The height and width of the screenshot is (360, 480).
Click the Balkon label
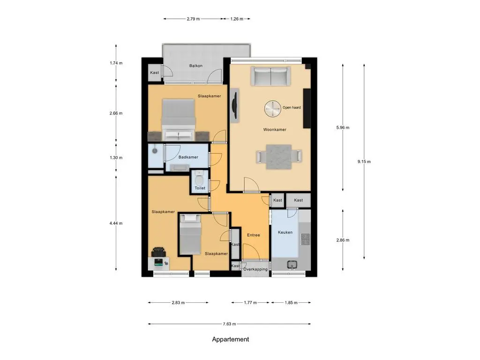pos(195,66)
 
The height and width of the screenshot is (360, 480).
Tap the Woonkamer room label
pos(275,129)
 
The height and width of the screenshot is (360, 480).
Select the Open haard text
pos(292,107)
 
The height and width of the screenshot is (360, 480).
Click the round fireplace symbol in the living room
pos(272,109)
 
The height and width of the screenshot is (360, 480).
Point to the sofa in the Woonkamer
pos(270,76)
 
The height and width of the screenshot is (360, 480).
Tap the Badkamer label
pos(188,157)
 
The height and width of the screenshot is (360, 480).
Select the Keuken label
pos(285,232)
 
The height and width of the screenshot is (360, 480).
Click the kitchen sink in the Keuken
pos(292,264)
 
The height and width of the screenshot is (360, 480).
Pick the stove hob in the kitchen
pos(305,240)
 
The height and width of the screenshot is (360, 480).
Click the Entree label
pos(254,235)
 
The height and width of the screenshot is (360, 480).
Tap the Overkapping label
pos(255,270)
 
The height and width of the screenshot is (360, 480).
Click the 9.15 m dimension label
pos(364,162)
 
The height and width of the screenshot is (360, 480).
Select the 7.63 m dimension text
pos(229,324)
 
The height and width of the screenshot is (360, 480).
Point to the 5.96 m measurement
pos(343,127)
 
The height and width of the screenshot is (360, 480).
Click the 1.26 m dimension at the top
pos(237,19)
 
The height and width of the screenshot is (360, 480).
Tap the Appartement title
pos(231,339)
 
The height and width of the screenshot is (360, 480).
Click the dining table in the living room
pos(279,157)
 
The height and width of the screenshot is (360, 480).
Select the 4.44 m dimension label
pos(116,224)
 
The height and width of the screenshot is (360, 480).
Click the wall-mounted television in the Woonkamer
pos(234,105)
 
